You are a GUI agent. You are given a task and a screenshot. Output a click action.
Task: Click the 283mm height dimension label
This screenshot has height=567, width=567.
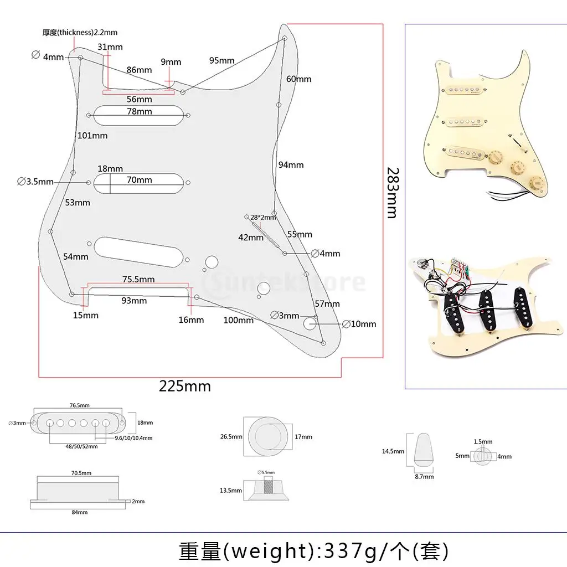click(392, 192)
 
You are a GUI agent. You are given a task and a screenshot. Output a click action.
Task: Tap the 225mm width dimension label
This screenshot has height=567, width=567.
click(185, 386)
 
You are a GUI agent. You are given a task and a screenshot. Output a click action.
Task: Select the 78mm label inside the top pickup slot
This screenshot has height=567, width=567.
click(140, 112)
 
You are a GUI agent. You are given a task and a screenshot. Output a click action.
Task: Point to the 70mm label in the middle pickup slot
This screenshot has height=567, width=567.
click(139, 180)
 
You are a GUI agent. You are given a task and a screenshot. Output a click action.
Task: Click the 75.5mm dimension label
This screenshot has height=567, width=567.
click(138, 279)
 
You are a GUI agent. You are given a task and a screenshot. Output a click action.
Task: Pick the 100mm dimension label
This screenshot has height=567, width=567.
click(239, 320)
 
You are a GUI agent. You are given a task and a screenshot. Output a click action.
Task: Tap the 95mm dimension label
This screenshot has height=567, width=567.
click(221, 60)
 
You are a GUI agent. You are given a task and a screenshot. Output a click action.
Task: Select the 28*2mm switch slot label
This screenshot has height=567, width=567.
click(262, 218)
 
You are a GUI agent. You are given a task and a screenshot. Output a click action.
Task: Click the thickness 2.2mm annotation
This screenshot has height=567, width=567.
click(80, 33)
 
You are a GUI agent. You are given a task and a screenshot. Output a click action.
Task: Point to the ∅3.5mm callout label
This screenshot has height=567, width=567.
click(35, 182)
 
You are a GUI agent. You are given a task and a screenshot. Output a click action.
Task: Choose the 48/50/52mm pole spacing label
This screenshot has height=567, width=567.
click(81, 446)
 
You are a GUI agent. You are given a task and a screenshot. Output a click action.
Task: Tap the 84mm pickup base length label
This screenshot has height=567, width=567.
click(79, 512)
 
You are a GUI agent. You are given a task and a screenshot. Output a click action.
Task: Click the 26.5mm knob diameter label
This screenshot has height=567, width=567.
click(231, 437)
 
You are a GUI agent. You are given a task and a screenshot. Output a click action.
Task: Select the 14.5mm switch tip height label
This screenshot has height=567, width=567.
click(393, 451)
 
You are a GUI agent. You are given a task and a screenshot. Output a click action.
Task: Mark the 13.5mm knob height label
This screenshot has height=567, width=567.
click(231, 491)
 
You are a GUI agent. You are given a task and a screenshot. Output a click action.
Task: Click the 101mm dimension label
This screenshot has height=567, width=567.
click(92, 136)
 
